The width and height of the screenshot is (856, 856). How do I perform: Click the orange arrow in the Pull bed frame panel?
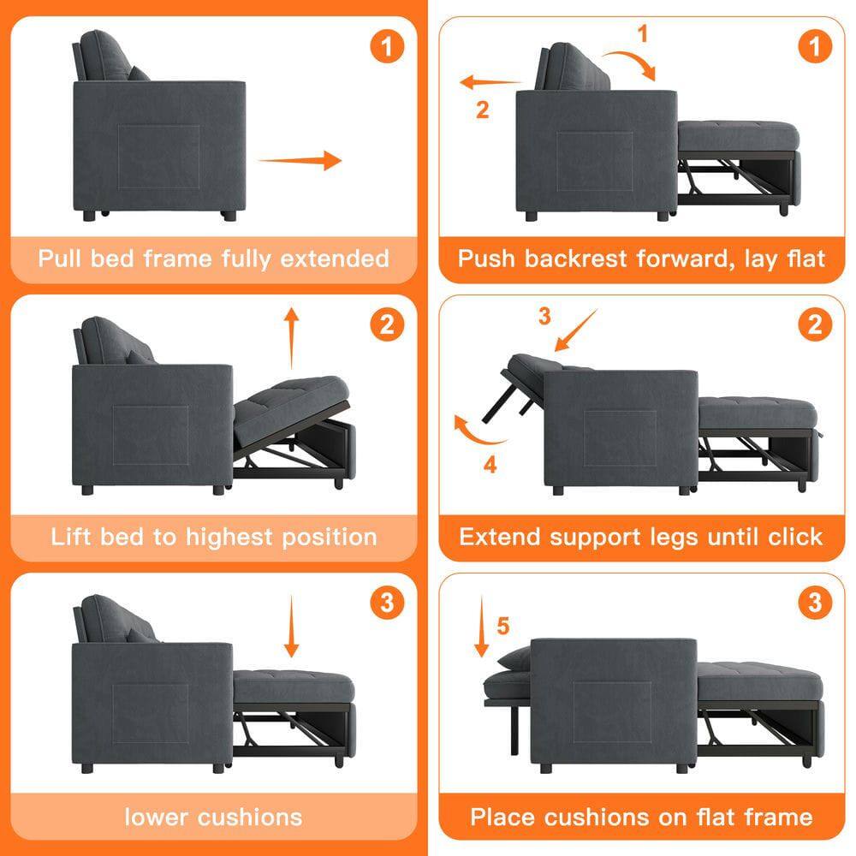click(300, 160)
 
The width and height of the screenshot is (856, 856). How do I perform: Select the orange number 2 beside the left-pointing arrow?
click(483, 110)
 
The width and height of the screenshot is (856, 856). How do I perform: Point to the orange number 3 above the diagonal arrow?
click(544, 316)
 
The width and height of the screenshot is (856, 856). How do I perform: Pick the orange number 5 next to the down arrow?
click(502, 627)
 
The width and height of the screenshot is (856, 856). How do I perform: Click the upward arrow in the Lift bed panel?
click(292, 339)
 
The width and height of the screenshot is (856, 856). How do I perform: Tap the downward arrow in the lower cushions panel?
click(292, 627)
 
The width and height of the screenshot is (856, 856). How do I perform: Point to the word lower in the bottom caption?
click(158, 817)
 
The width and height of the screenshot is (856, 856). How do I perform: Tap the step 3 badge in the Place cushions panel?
click(814, 603)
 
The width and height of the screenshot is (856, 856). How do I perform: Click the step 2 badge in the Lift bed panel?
click(387, 324)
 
